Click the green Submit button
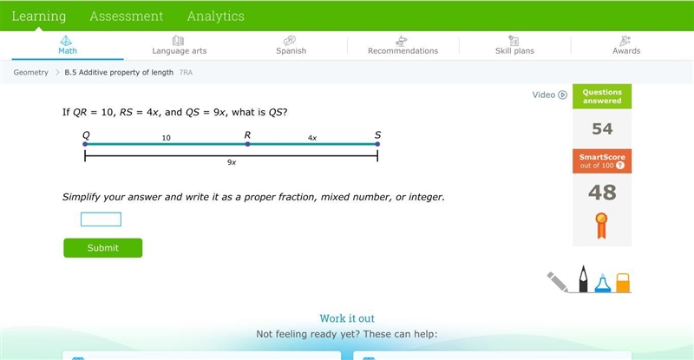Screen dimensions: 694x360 pyautogui.click(x=102, y=248)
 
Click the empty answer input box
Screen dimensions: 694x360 pyautogui.click(x=101, y=219)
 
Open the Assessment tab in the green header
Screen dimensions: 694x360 pyautogui.click(x=127, y=16)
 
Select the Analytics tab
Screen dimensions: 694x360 pyautogui.click(x=215, y=16)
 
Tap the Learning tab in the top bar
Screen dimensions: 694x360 pyautogui.click(x=39, y=16)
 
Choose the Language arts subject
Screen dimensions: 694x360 pyautogui.click(x=180, y=46)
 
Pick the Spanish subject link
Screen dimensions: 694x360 pyautogui.click(x=291, y=46)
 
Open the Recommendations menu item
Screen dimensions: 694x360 pyautogui.click(x=403, y=46)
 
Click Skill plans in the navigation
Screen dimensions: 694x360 pyautogui.click(x=514, y=46)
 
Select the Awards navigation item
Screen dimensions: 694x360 pyautogui.click(x=626, y=46)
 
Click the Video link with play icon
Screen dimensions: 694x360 pyautogui.click(x=549, y=95)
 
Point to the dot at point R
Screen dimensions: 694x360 pyautogui.click(x=247, y=144)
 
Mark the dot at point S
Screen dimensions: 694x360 pyautogui.click(x=377, y=144)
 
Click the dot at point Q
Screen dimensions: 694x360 pyautogui.click(x=85, y=144)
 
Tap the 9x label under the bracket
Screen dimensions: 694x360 pyautogui.click(x=232, y=162)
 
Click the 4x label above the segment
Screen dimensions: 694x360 pyautogui.click(x=312, y=138)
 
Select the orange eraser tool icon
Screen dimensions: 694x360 pyautogui.click(x=623, y=283)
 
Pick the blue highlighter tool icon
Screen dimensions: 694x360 pyautogui.click(x=602, y=284)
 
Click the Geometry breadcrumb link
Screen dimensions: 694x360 pyautogui.click(x=30, y=72)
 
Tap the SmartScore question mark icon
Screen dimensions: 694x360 pyautogui.click(x=620, y=166)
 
